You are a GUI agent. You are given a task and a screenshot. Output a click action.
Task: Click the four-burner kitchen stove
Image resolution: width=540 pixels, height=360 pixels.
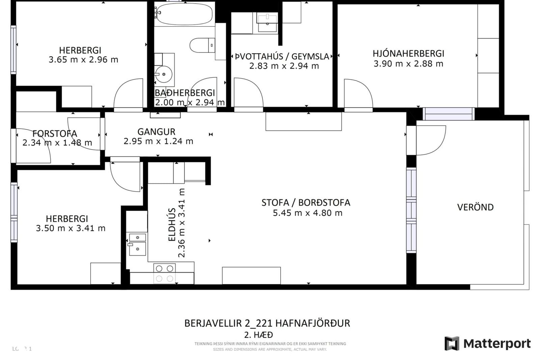coord(165,273)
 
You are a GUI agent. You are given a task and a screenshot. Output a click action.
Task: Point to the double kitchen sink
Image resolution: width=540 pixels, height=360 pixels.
coord(137,244)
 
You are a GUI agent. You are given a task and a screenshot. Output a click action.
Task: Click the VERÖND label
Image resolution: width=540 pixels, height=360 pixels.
coord(475,207)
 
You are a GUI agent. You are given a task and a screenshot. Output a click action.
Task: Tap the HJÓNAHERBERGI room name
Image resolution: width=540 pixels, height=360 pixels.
coord(408,53)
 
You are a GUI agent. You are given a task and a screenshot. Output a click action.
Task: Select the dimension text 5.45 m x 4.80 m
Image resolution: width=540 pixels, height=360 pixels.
coord(307,213)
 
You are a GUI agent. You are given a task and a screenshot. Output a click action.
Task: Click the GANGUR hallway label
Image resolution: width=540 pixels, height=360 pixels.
coord(156,132)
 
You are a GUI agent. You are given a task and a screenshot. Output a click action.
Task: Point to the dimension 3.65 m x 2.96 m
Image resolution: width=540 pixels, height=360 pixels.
coord(83,60)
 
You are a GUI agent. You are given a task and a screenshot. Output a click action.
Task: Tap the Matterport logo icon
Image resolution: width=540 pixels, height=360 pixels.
coord(452,343)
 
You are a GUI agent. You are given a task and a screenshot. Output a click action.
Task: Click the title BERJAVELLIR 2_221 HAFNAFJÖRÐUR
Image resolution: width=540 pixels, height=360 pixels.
coord(267,323)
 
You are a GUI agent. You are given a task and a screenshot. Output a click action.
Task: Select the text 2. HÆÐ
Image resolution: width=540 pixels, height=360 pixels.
coord(258,335)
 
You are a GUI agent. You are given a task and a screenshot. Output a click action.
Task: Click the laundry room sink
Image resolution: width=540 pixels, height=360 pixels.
coord(267,22)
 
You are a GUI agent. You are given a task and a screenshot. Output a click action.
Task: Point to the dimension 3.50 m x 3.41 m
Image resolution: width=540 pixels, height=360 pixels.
coord(71,228)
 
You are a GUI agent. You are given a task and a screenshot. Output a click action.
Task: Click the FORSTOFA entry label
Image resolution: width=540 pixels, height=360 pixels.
coord(55,133)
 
